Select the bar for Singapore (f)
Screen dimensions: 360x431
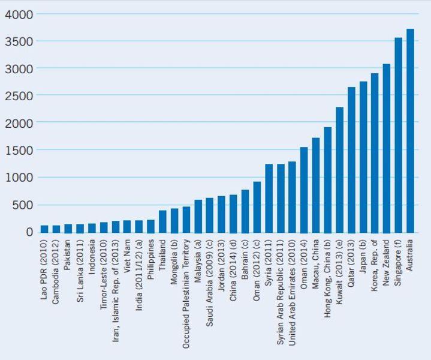tap(398, 135)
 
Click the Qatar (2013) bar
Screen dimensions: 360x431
tap(351, 160)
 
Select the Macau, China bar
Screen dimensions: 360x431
tap(316, 185)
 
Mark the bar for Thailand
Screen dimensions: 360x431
tap(162, 221)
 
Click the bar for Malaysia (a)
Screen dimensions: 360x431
tap(198, 216)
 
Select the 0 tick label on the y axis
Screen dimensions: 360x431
tap(30, 232)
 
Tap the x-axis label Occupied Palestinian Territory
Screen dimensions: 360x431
tap(186, 293)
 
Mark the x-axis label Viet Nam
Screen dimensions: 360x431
tap(127, 256)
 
